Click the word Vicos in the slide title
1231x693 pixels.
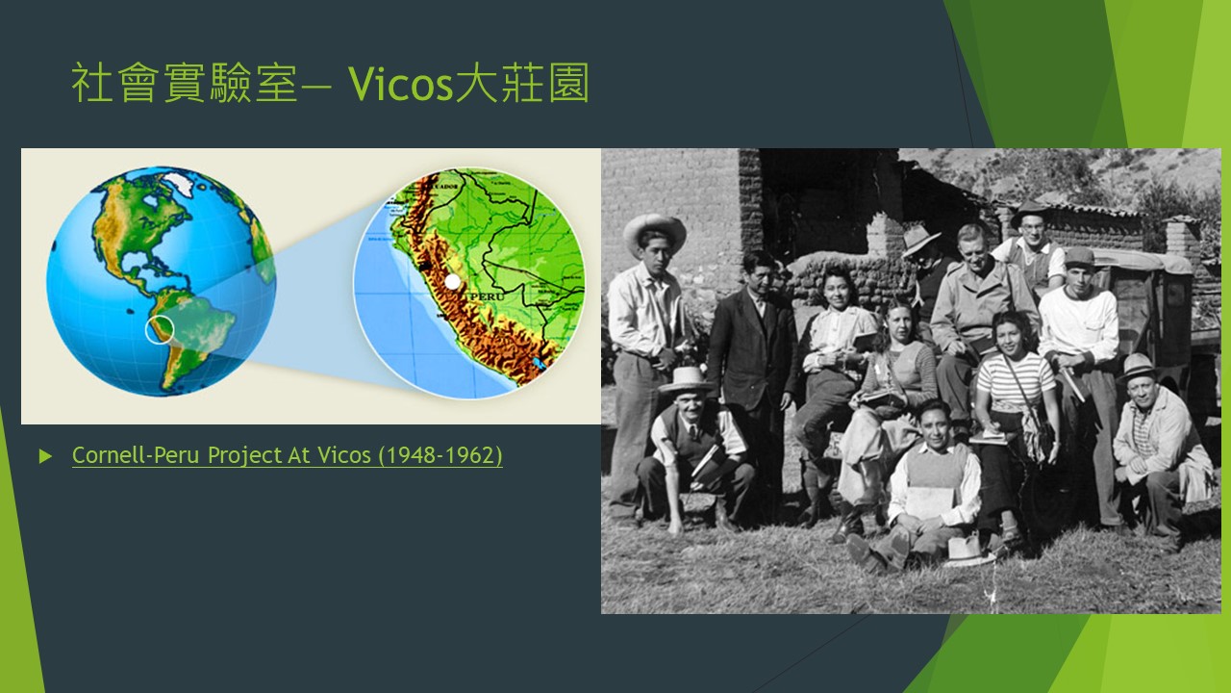[x=400, y=84]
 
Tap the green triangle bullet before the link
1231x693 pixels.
[x=45, y=456]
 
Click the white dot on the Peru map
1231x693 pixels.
[x=452, y=282]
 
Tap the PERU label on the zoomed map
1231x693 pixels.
[x=487, y=296]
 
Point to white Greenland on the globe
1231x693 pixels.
[x=181, y=183]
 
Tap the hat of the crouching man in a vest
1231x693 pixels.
[x=684, y=380]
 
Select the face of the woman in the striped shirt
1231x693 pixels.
[x=1010, y=334]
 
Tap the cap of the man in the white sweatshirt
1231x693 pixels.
[x=1079, y=256]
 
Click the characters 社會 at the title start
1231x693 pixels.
[x=114, y=83]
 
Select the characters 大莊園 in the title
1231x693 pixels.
[x=522, y=83]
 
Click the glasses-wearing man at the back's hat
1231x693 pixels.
[x=1029, y=212]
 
